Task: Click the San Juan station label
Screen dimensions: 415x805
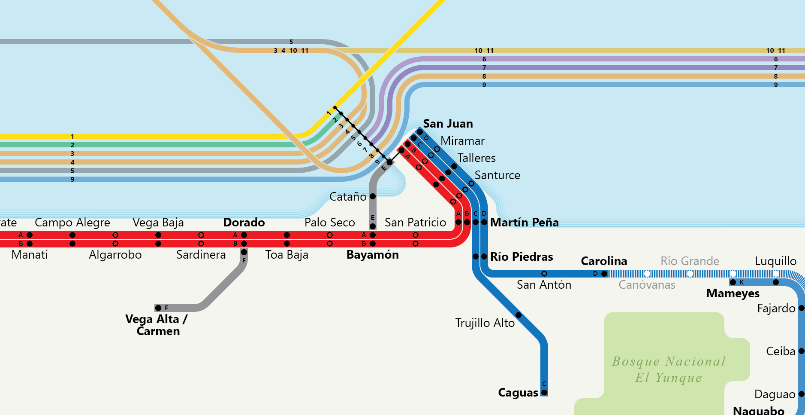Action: click(x=448, y=124)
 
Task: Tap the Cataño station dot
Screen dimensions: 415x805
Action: click(x=373, y=196)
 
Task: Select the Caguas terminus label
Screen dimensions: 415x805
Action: click(x=518, y=393)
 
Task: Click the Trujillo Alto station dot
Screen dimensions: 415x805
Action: click(x=518, y=315)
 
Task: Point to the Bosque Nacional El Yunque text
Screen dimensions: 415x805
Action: click(x=668, y=369)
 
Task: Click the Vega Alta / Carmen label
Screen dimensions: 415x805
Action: click(x=157, y=325)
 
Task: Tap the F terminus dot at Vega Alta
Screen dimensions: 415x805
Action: click(x=158, y=308)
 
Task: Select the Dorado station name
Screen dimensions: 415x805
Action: click(x=244, y=223)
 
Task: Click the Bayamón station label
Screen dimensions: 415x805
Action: click(x=372, y=255)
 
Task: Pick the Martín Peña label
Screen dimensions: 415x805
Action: click(x=524, y=223)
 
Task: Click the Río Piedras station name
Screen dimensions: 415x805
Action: click(x=521, y=257)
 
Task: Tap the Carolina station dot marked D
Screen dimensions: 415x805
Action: click(x=604, y=274)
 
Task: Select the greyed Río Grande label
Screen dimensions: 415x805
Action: click(x=690, y=261)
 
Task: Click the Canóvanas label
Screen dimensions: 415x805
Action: click(x=647, y=285)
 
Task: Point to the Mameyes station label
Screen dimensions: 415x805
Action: click(x=733, y=293)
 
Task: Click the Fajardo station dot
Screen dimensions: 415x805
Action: click(x=801, y=308)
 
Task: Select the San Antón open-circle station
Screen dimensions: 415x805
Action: click(x=544, y=274)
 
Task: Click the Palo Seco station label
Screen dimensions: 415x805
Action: click(x=329, y=223)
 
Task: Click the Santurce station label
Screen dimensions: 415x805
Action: click(x=497, y=175)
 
